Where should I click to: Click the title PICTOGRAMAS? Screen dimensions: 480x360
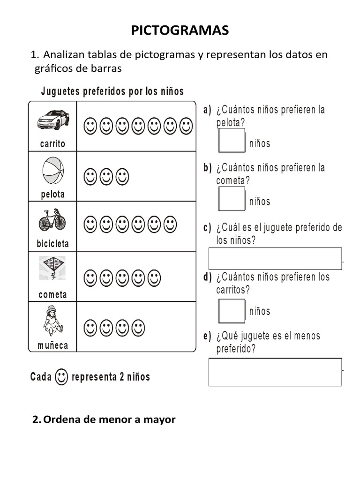(180, 31)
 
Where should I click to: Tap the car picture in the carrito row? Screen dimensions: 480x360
(53, 120)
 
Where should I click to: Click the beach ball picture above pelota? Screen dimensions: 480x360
(53, 171)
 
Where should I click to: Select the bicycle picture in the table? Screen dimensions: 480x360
(52, 219)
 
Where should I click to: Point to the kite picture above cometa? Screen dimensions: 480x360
(52, 268)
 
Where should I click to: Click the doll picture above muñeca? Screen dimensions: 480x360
(52, 320)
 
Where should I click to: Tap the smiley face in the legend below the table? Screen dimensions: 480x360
(61, 376)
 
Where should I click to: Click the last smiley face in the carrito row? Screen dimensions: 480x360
(186, 126)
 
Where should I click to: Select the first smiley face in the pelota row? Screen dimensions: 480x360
(90, 177)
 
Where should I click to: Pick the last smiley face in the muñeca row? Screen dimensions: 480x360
(138, 328)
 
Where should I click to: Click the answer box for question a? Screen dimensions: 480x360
(232, 141)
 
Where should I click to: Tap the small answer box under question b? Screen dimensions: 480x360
(232, 199)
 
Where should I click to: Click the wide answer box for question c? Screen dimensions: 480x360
(275, 259)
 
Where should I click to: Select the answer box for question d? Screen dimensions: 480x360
(232, 311)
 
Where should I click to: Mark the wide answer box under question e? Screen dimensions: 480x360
(275, 372)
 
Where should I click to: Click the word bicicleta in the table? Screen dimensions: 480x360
(52, 244)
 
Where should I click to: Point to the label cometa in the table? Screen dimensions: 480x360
(52, 295)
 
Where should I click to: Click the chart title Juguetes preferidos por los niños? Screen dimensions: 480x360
(112, 91)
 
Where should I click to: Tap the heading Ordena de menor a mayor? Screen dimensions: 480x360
(104, 420)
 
